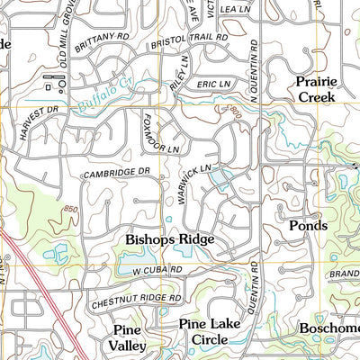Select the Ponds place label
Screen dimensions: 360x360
[x=307, y=225]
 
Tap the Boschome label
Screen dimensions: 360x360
[x=329, y=328]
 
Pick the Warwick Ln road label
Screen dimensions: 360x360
[x=193, y=180]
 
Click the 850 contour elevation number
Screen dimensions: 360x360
[x=70, y=210]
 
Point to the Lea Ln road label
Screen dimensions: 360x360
[x=234, y=7]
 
